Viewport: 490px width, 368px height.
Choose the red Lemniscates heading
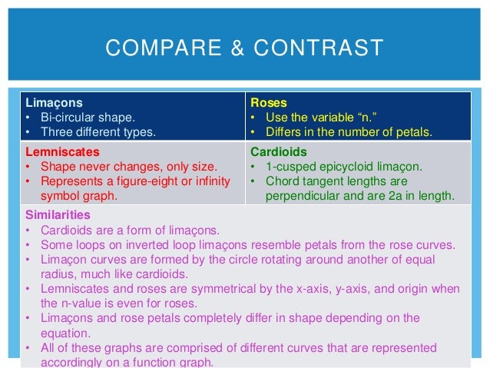tap(62, 152)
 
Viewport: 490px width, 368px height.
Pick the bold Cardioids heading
tap(279, 152)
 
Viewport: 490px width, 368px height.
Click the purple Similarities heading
tap(58, 214)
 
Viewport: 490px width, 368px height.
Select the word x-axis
tap(315, 288)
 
